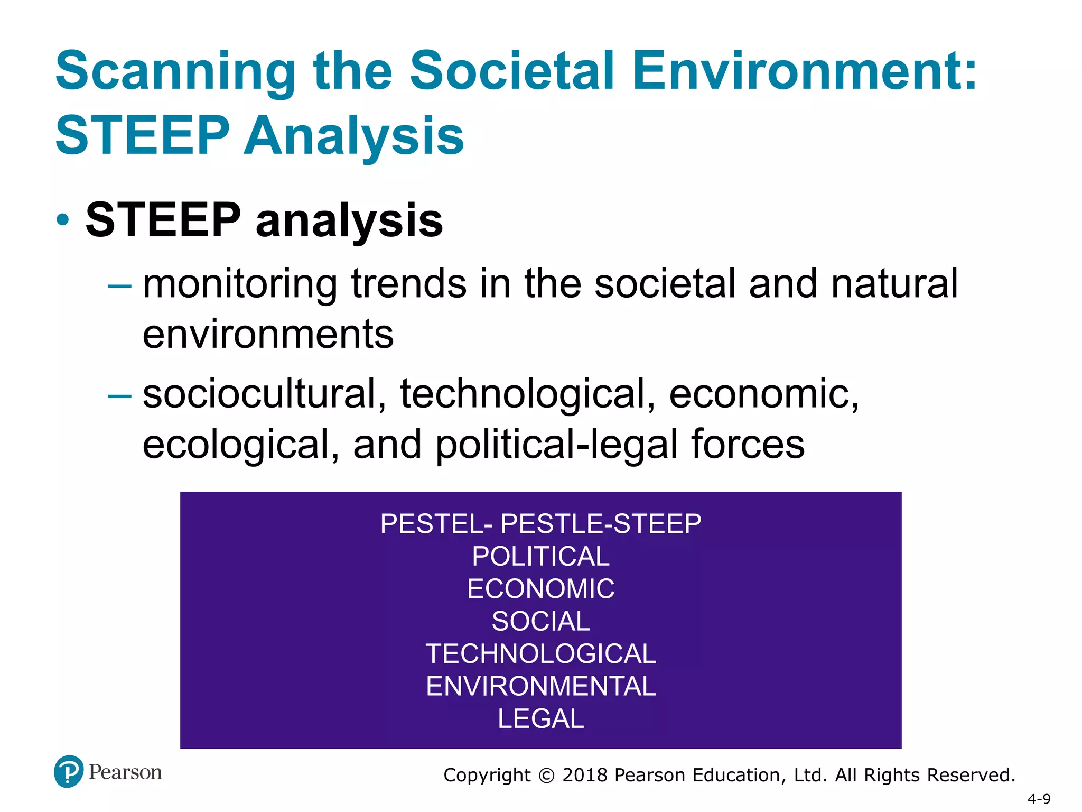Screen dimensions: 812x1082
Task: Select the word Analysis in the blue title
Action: (353, 136)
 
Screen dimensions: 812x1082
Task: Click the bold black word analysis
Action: (349, 221)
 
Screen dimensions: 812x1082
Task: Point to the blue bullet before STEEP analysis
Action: (63, 219)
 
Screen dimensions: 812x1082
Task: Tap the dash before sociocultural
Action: (119, 395)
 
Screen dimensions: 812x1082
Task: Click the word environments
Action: (268, 335)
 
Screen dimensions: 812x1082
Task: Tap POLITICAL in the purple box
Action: (540, 556)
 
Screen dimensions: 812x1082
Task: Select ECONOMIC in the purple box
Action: (540, 588)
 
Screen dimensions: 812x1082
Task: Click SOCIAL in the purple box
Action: (540, 621)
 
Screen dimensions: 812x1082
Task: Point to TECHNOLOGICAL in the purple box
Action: (540, 654)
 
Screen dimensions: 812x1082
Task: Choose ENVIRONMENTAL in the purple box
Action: (540, 686)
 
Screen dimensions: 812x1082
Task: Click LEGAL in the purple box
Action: (540, 719)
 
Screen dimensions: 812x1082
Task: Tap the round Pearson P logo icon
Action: (69, 772)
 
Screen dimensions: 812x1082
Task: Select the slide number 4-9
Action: (1039, 799)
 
